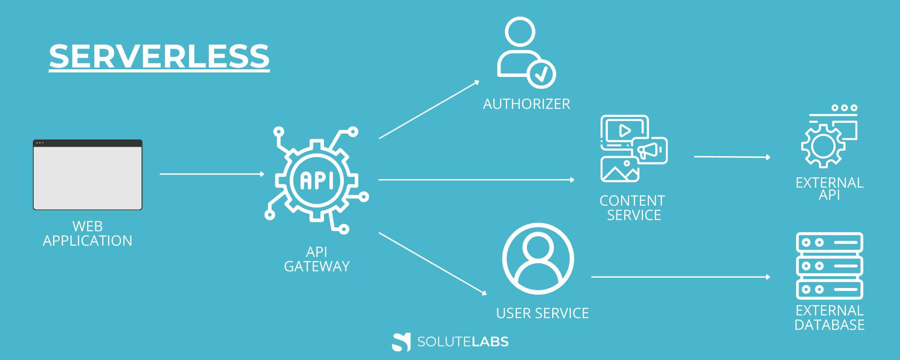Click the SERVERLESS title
[159, 57]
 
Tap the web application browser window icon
[88, 175]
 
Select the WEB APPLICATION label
[88, 234]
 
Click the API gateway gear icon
[317, 180]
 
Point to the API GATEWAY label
[317, 259]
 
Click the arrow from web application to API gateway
[211, 174]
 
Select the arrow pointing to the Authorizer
[429, 110]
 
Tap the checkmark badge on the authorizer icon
[541, 74]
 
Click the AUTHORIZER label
[526, 104]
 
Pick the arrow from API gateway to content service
[476, 180]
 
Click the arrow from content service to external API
[732, 157]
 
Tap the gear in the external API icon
[823, 146]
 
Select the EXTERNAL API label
[829, 189]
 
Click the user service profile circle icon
[538, 259]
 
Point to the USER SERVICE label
[542, 313]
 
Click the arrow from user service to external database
[680, 277]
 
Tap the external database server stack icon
[829, 265]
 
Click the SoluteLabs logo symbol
[401, 342]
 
